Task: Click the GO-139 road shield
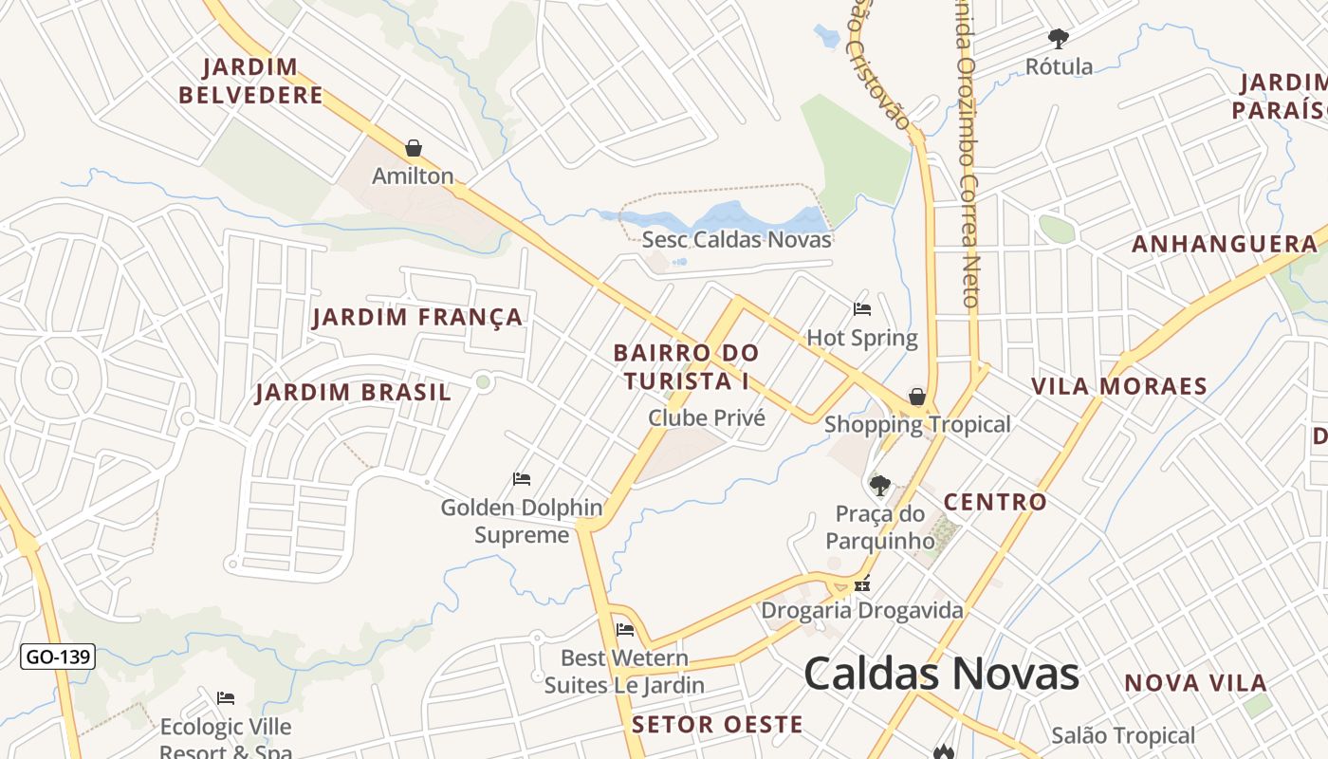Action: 58,656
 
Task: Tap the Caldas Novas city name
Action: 941,675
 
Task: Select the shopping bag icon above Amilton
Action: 413,148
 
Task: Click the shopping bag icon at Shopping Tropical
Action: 916,397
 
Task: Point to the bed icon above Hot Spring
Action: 862,308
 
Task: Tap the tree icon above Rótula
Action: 1059,39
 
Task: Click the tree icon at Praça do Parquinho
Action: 880,486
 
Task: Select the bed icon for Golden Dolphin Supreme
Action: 522,478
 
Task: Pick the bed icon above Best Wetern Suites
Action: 624,629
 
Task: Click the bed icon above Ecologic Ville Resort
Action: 226,698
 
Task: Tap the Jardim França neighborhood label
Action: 417,317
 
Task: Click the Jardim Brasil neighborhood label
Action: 353,393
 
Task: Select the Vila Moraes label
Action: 1118,386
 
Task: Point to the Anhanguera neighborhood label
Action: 1225,245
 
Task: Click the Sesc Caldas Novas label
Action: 736,239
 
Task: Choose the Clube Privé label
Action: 706,417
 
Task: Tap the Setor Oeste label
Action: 717,725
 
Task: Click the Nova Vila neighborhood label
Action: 1195,683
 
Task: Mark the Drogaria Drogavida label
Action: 862,610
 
